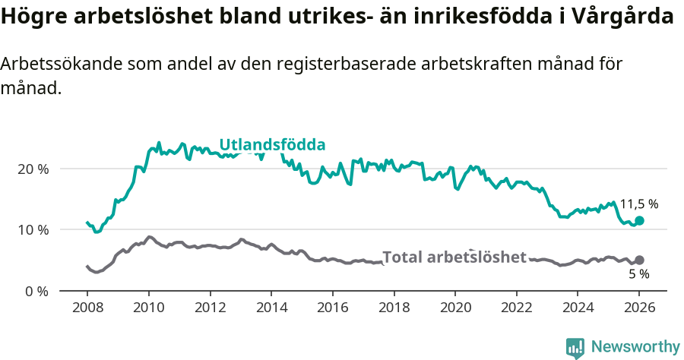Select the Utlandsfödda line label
pyautogui.click(x=272, y=144)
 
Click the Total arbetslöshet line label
pyautogui.click(x=454, y=257)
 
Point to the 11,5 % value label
pyautogui.click(x=638, y=204)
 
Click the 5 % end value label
pyautogui.click(x=638, y=273)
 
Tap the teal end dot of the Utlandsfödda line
pyautogui.click(x=639, y=220)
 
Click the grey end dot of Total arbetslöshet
pyautogui.click(x=639, y=260)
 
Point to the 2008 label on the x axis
pyautogui.click(x=87, y=309)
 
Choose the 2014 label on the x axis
pyautogui.click(x=271, y=309)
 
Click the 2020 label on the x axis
pyautogui.click(x=454, y=309)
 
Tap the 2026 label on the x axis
pyautogui.click(x=638, y=309)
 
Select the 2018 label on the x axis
pyautogui.click(x=393, y=309)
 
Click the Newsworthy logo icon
pyautogui.click(x=575, y=347)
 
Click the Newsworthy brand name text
pyautogui.click(x=635, y=347)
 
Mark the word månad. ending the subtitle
pyautogui.click(x=30, y=88)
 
